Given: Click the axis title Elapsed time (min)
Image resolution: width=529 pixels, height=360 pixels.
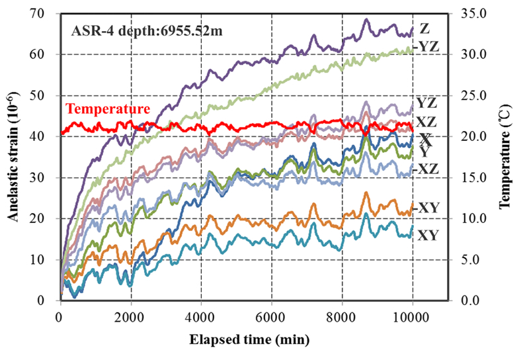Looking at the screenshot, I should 237,340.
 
